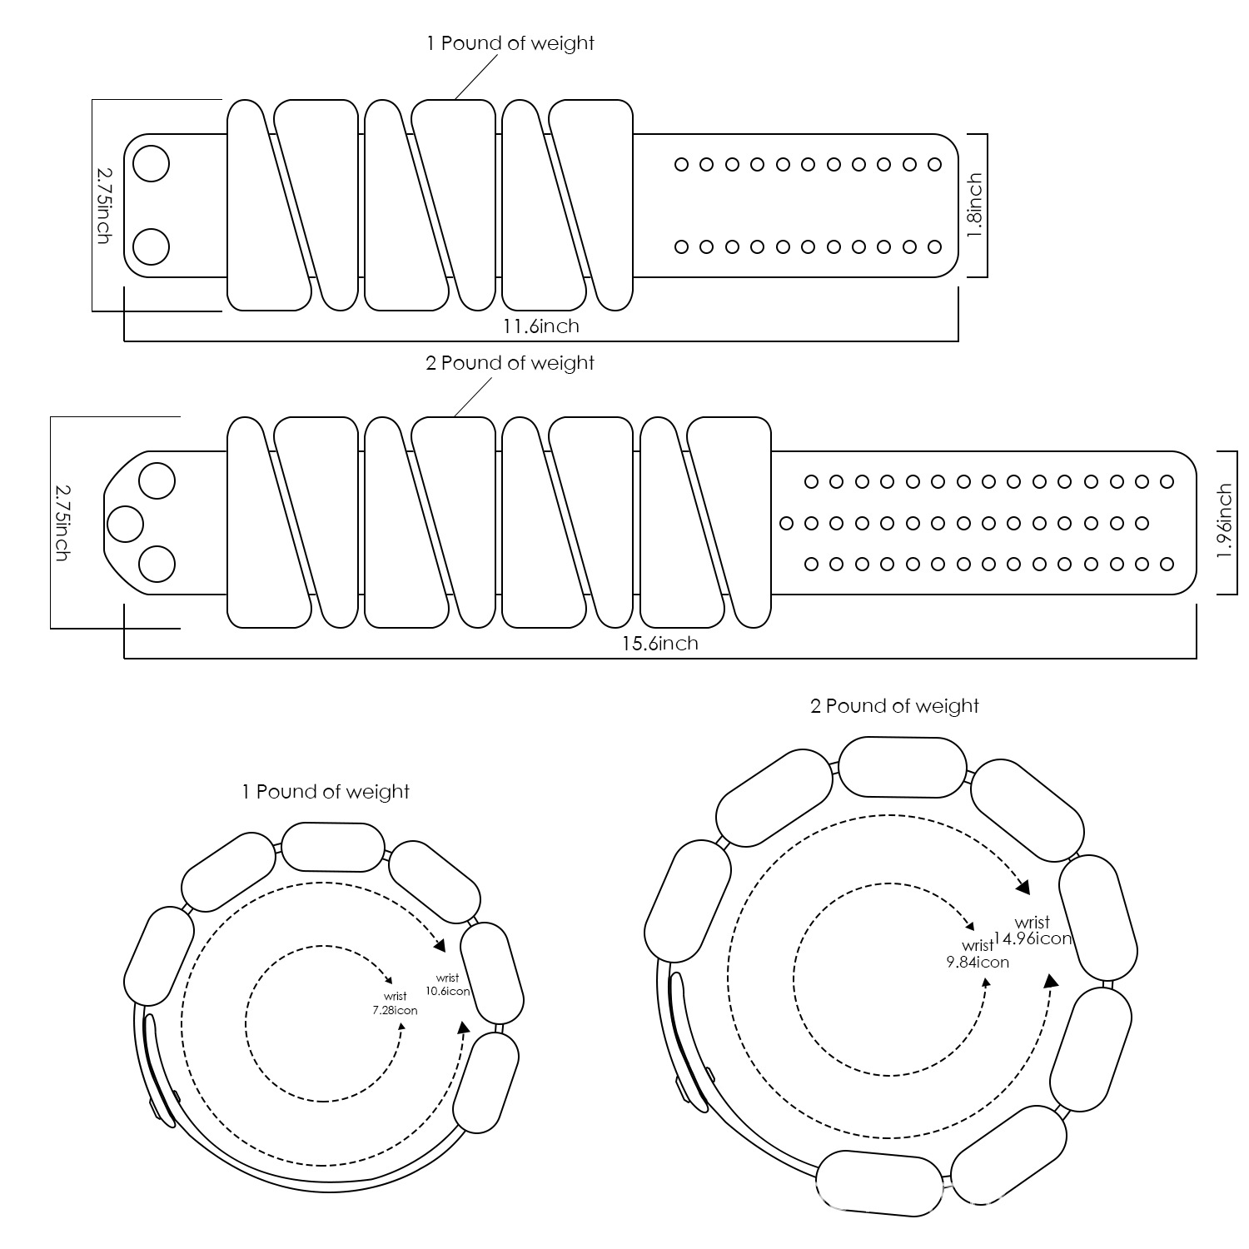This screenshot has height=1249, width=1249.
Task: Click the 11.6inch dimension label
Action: pyautogui.click(x=540, y=326)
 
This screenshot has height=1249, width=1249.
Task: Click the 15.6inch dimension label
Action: pyautogui.click(x=659, y=643)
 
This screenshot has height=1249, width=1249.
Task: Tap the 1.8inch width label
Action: pyautogui.click(x=975, y=205)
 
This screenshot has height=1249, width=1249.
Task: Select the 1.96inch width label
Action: pyautogui.click(x=1224, y=522)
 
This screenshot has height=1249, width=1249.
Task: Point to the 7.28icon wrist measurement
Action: pyautogui.click(x=395, y=1010)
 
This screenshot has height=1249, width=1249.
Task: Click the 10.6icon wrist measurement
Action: pyautogui.click(x=448, y=991)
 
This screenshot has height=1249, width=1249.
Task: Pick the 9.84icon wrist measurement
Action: pyautogui.click(x=978, y=962)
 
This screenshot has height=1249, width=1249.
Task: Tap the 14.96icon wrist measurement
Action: pyautogui.click(x=1033, y=938)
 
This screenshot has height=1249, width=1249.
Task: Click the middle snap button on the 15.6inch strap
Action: pyautogui.click(x=126, y=523)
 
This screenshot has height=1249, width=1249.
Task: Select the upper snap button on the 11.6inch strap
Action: pyautogui.click(x=152, y=163)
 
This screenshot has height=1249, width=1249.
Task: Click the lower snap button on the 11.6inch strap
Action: pyautogui.click(x=152, y=246)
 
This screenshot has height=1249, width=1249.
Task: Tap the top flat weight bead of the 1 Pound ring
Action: pyautogui.click(x=333, y=847)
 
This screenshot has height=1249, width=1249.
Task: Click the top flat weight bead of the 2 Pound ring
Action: pyautogui.click(x=902, y=767)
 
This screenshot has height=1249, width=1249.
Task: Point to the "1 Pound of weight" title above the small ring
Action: pyautogui.click(x=326, y=791)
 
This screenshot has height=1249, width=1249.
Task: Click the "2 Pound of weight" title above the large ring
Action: pyautogui.click(x=894, y=706)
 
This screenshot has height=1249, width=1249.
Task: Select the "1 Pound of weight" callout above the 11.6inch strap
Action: pyautogui.click(x=510, y=43)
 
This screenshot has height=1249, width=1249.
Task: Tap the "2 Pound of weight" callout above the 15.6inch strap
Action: pyautogui.click(x=510, y=363)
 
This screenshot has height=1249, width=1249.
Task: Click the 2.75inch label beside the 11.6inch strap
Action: pyautogui.click(x=103, y=205)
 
